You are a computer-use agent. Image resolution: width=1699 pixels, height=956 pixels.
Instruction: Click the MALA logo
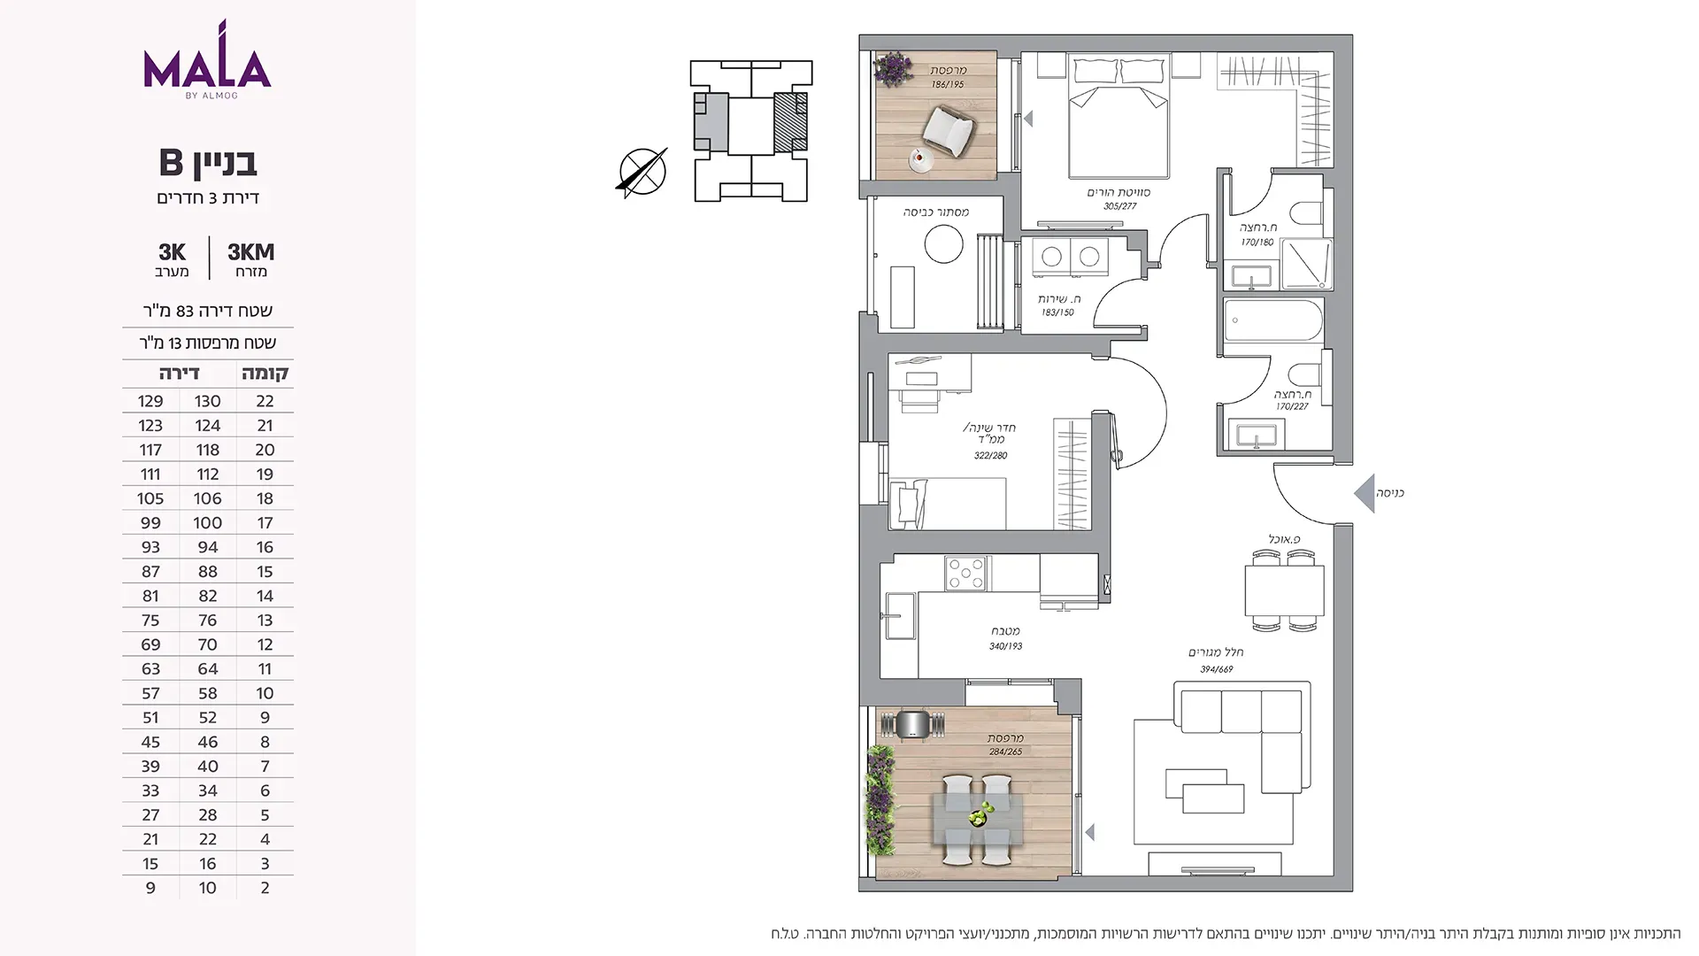click(207, 59)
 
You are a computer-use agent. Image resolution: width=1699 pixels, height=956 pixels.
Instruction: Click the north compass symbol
click(642, 172)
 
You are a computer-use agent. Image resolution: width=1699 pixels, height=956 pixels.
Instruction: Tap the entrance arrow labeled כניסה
click(1364, 493)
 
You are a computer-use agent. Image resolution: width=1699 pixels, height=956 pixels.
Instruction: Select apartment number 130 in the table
click(208, 401)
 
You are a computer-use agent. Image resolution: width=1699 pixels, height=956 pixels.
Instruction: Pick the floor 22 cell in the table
click(265, 401)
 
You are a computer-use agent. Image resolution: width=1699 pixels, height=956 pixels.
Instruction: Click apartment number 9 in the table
click(150, 888)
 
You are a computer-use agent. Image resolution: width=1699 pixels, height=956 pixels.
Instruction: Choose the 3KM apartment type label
click(251, 252)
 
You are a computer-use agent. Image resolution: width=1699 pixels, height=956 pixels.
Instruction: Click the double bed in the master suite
click(1119, 116)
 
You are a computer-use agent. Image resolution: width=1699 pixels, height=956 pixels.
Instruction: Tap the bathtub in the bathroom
click(1273, 320)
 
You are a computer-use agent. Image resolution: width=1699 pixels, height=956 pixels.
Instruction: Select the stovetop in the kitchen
click(965, 574)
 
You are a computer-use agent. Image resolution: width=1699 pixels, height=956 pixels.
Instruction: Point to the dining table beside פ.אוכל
click(1284, 590)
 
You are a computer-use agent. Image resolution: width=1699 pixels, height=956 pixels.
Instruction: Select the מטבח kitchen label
click(1005, 631)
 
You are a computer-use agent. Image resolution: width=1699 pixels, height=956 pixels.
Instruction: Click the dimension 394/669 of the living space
click(1217, 669)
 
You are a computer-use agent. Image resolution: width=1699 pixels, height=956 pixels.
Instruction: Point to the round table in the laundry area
click(943, 243)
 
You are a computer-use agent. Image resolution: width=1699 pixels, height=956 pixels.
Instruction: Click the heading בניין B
click(208, 163)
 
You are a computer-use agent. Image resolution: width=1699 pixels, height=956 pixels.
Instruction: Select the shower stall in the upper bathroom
click(1306, 264)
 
